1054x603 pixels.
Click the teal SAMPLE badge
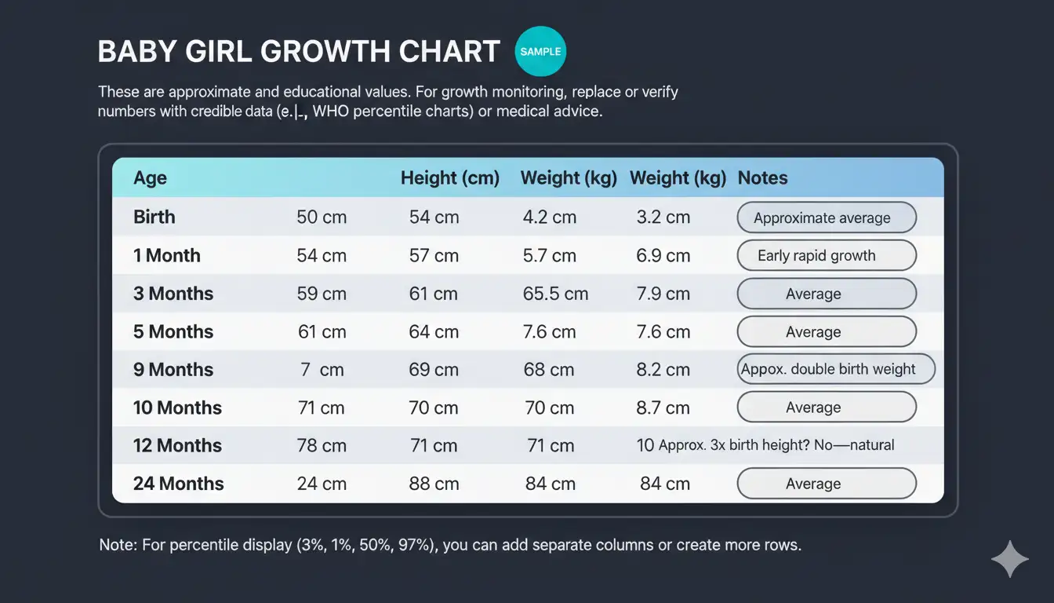point(540,52)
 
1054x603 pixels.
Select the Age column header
point(150,178)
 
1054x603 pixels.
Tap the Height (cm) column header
point(450,178)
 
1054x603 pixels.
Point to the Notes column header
point(762,178)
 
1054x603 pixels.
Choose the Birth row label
point(154,217)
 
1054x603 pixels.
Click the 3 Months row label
point(173,294)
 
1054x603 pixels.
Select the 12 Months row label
point(177,446)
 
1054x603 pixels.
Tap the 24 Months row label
point(179,484)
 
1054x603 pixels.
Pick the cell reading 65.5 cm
point(555,294)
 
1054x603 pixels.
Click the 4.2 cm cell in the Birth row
point(549,217)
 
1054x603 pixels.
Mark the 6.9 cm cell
point(663,256)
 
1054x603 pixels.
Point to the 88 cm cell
point(434,484)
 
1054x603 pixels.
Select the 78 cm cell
point(322,446)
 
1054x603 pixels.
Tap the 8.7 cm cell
point(663,407)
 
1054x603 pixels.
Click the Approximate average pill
point(827,217)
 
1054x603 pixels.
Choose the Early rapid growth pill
point(827,256)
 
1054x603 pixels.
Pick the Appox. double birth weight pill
point(836,369)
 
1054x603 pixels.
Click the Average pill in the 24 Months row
point(827,484)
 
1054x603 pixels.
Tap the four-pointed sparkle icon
point(1009,560)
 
